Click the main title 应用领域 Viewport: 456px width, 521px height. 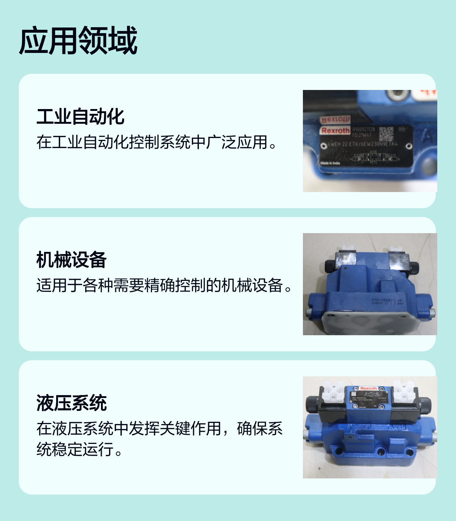78,41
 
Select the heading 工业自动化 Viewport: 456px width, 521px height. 80,117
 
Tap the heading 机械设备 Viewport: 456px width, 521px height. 71,260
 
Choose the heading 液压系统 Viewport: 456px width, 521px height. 71,403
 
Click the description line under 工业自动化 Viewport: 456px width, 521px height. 157,142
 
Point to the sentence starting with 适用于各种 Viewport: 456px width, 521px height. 164,286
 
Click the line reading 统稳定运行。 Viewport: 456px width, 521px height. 79,449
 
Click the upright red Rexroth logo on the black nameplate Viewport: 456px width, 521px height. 335,131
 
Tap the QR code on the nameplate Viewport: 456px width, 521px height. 386,134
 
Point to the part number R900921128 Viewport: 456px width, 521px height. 363,129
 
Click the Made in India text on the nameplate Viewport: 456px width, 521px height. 330,163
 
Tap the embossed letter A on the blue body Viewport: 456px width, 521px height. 427,137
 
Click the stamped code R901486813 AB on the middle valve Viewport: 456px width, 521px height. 387,300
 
